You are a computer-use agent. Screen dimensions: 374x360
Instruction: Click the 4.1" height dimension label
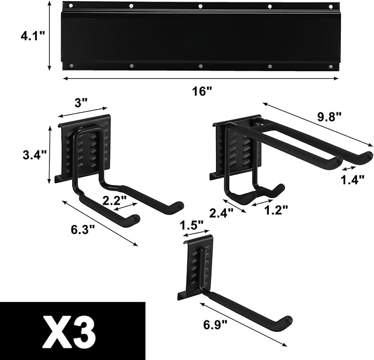pyautogui.click(x=32, y=36)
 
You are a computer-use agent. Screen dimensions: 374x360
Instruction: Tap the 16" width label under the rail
pyautogui.click(x=202, y=91)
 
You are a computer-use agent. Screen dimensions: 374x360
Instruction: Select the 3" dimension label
pyautogui.click(x=82, y=103)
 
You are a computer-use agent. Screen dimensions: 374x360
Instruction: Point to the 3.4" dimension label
pyautogui.click(x=35, y=154)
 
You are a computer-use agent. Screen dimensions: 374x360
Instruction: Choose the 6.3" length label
pyautogui.click(x=83, y=230)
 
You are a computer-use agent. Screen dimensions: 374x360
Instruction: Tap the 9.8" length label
pyautogui.click(x=329, y=117)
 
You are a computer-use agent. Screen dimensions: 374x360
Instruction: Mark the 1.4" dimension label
pyautogui.click(x=352, y=180)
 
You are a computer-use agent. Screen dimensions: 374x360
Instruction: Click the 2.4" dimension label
pyautogui.click(x=221, y=213)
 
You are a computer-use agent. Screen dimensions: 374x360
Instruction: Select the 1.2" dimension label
pyautogui.click(x=276, y=209)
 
